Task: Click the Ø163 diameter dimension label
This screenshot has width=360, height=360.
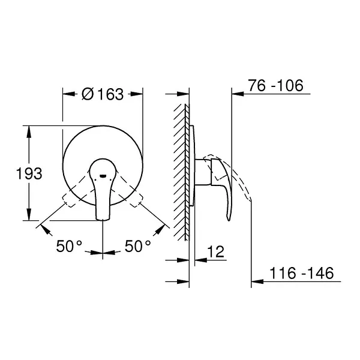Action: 103,94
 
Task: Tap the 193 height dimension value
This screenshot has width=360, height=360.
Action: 29,174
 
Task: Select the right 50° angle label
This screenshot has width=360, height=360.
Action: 138,246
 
